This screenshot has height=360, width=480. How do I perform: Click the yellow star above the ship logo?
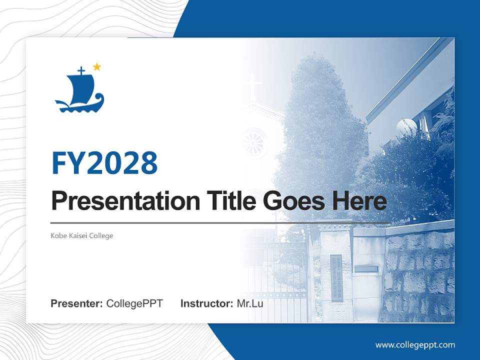point(97,67)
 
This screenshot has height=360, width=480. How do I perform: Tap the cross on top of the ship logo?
point(81,71)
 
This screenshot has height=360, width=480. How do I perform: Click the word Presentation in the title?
point(118,201)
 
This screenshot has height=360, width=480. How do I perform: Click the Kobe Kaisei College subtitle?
point(82,235)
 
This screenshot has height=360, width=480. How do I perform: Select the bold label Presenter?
point(77,303)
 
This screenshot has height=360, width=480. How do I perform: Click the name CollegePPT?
point(134,303)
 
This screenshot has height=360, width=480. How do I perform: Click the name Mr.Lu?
point(250,303)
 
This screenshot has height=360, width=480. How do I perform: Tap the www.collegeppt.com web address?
point(415,344)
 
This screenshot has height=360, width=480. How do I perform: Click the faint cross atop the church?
point(254,84)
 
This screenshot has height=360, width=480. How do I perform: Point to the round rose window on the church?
point(255,142)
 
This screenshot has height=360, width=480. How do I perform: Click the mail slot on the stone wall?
point(366,268)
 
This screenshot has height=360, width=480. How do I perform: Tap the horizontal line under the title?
point(220,222)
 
